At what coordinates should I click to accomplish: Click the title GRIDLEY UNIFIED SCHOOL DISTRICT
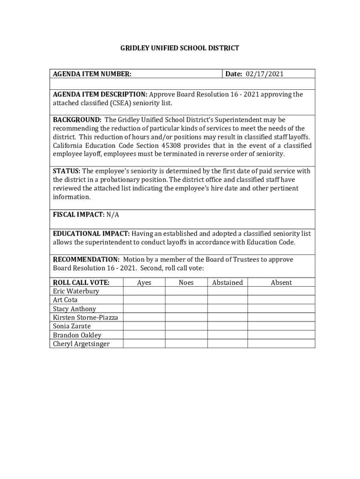[x=180, y=48]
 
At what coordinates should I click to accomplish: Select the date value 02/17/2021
[x=265, y=74]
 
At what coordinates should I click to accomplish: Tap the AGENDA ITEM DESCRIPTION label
[x=100, y=94]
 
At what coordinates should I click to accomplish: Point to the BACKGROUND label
[x=77, y=120]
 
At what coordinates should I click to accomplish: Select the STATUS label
[x=66, y=171]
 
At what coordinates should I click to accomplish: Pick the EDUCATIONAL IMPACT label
[x=91, y=234]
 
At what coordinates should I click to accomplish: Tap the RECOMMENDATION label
[x=86, y=260]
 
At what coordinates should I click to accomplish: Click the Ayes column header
[x=144, y=283]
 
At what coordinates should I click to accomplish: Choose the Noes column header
[x=186, y=283]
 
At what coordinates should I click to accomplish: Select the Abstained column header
[x=227, y=283]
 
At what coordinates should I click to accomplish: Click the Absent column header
[x=281, y=283]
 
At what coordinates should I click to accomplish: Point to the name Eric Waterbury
[x=76, y=291]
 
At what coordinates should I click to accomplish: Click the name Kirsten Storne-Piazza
[x=85, y=318]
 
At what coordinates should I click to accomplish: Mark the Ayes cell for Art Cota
[x=144, y=300]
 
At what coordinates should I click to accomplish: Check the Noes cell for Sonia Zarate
[x=186, y=326]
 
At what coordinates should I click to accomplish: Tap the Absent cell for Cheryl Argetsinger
[x=281, y=344]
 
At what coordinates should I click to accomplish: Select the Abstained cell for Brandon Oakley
[x=227, y=335]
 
